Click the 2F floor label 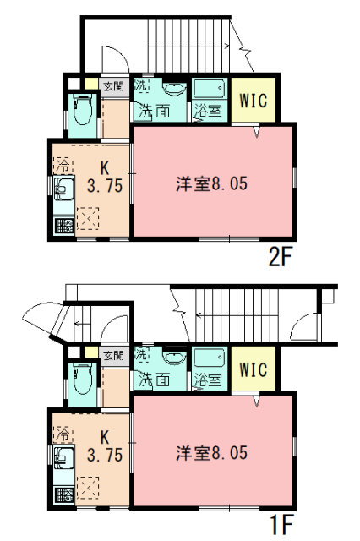coord(280,257)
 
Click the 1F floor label coord(281,525)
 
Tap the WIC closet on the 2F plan coord(254,100)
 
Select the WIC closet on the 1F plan coord(254,369)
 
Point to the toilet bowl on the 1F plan coord(83,379)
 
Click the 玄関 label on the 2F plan coord(114,85)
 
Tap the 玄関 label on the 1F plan coord(114,355)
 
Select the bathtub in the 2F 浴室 coord(210,89)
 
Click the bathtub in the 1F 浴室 coord(210,358)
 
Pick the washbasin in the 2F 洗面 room coord(174,89)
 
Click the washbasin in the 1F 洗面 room coord(174,358)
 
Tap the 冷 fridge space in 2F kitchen coord(63,166)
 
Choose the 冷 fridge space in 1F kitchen coord(63,434)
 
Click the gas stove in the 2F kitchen coord(64,226)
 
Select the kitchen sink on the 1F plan coord(64,458)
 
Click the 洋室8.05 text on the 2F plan coord(212,183)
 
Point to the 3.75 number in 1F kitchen coord(105,455)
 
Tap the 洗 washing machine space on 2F coord(141,85)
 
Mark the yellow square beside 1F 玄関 coord(91,352)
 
